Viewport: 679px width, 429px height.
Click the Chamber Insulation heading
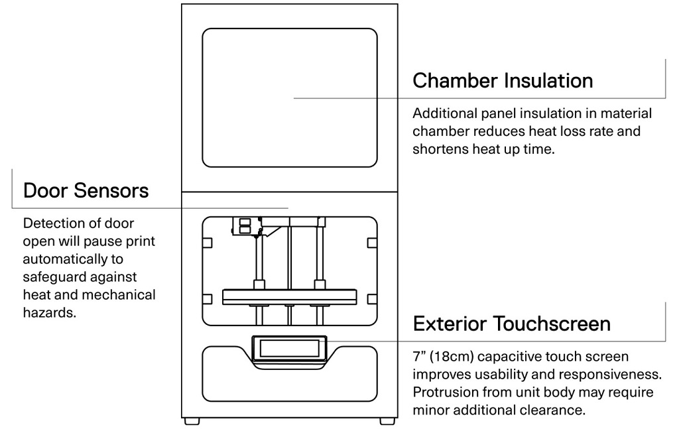[503, 81]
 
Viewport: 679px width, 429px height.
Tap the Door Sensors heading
[86, 191]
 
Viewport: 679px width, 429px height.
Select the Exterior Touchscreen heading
[511, 324]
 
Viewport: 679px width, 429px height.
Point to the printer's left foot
[192, 420]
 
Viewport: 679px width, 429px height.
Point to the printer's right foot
[387, 420]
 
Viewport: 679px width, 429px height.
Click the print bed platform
[289, 296]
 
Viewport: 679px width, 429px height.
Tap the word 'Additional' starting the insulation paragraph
[444, 113]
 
